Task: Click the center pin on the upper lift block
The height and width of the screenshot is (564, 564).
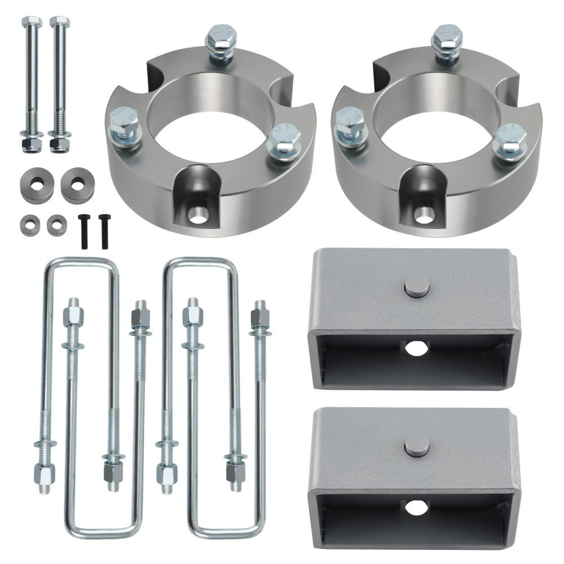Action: pyautogui.click(x=417, y=288)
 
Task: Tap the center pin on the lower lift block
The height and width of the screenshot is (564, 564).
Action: pyautogui.click(x=417, y=447)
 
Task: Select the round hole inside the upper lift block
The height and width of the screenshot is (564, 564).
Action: pyautogui.click(x=416, y=349)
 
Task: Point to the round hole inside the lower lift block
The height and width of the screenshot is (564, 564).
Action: pyautogui.click(x=416, y=507)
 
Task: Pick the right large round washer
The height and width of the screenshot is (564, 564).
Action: pyautogui.click(x=77, y=183)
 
